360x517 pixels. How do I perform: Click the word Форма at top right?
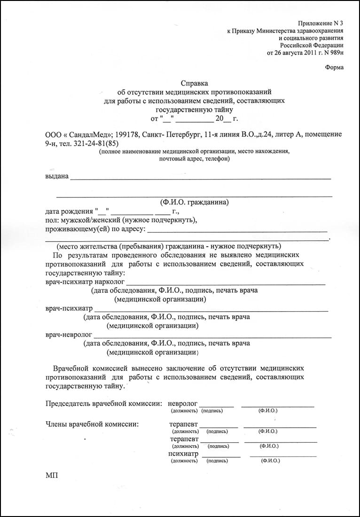point(334,67)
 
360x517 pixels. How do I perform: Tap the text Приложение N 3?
point(321,23)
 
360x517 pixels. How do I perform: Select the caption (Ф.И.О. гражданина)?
point(194,203)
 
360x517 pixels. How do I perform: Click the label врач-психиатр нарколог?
point(85,282)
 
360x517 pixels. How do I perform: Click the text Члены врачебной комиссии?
point(92,424)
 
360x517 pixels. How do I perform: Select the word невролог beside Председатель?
point(183,403)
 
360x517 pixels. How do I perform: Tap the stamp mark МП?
point(51,476)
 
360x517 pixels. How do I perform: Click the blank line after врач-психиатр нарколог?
point(226,283)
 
